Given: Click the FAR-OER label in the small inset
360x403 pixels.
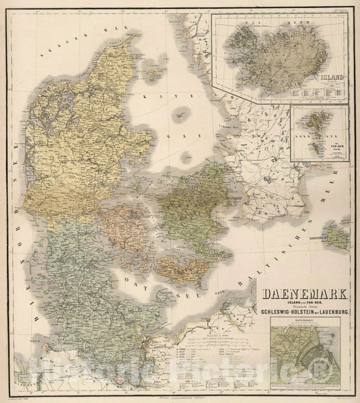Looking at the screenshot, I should [334, 145].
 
